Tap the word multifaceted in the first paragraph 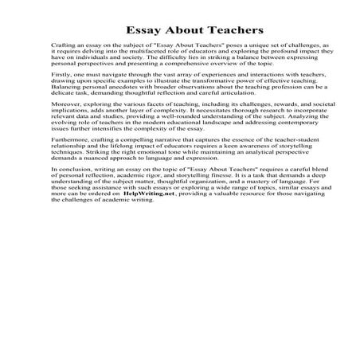(137, 55)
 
